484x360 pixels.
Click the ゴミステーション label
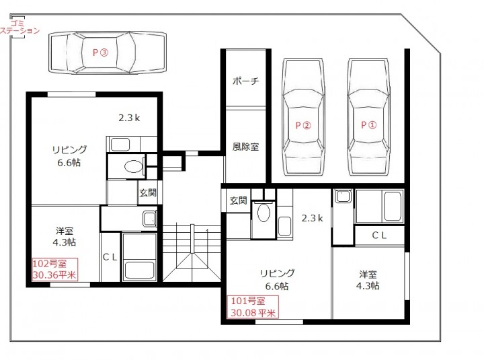19,27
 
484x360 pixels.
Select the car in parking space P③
108,52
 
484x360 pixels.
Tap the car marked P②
303,117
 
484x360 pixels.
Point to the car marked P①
368,117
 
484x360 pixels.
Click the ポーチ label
245,81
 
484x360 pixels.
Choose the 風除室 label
245,147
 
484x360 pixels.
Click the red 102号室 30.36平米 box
54,269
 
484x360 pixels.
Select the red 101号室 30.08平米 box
253,307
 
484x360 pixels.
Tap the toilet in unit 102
134,167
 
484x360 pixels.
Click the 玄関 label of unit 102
148,193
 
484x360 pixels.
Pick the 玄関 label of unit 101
238,201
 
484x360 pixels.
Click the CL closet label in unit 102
110,257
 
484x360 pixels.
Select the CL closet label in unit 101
379,236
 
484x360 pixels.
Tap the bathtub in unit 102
140,271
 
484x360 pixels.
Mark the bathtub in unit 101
393,206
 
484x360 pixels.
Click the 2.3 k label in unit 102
129,118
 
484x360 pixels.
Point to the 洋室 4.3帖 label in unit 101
368,280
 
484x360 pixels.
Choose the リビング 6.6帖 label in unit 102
69,156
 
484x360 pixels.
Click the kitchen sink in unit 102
120,145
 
